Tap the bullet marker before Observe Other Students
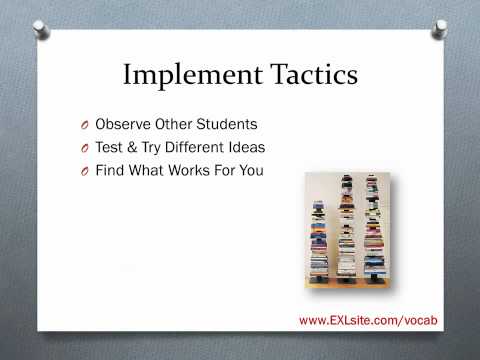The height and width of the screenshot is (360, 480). pyautogui.click(x=84, y=127)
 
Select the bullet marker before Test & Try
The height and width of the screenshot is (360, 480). pyautogui.click(x=84, y=149)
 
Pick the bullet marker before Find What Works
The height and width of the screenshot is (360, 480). pyautogui.click(x=84, y=171)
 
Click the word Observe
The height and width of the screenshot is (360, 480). pyautogui.click(x=123, y=126)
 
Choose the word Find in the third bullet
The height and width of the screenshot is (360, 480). pyautogui.click(x=110, y=170)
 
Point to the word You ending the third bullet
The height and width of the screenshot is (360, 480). pyautogui.click(x=250, y=170)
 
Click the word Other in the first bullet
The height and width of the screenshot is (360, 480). pyautogui.click(x=172, y=126)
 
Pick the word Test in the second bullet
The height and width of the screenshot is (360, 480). pyautogui.click(x=109, y=148)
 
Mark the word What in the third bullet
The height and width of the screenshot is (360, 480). pyautogui.click(x=149, y=170)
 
